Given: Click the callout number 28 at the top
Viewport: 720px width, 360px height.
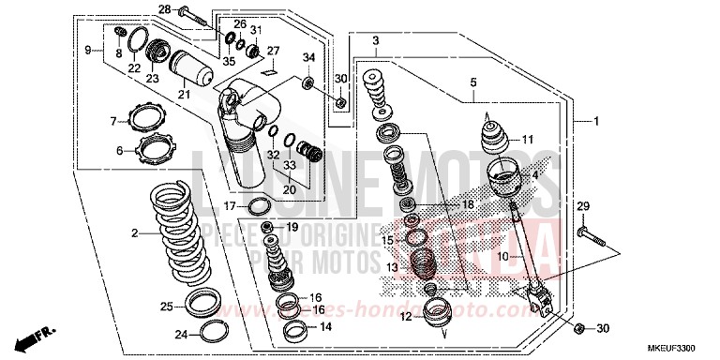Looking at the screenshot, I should [x=164, y=9].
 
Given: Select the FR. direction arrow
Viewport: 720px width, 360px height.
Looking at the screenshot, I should [x=40, y=334].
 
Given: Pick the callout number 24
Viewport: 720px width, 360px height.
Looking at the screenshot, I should [x=182, y=333].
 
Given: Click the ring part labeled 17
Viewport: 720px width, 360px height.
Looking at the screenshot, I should [x=262, y=206].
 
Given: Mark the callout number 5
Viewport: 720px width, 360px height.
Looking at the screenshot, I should [x=473, y=82].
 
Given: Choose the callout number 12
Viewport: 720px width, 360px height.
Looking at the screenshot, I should [x=405, y=317].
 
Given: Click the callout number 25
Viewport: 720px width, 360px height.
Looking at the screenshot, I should [x=166, y=306].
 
